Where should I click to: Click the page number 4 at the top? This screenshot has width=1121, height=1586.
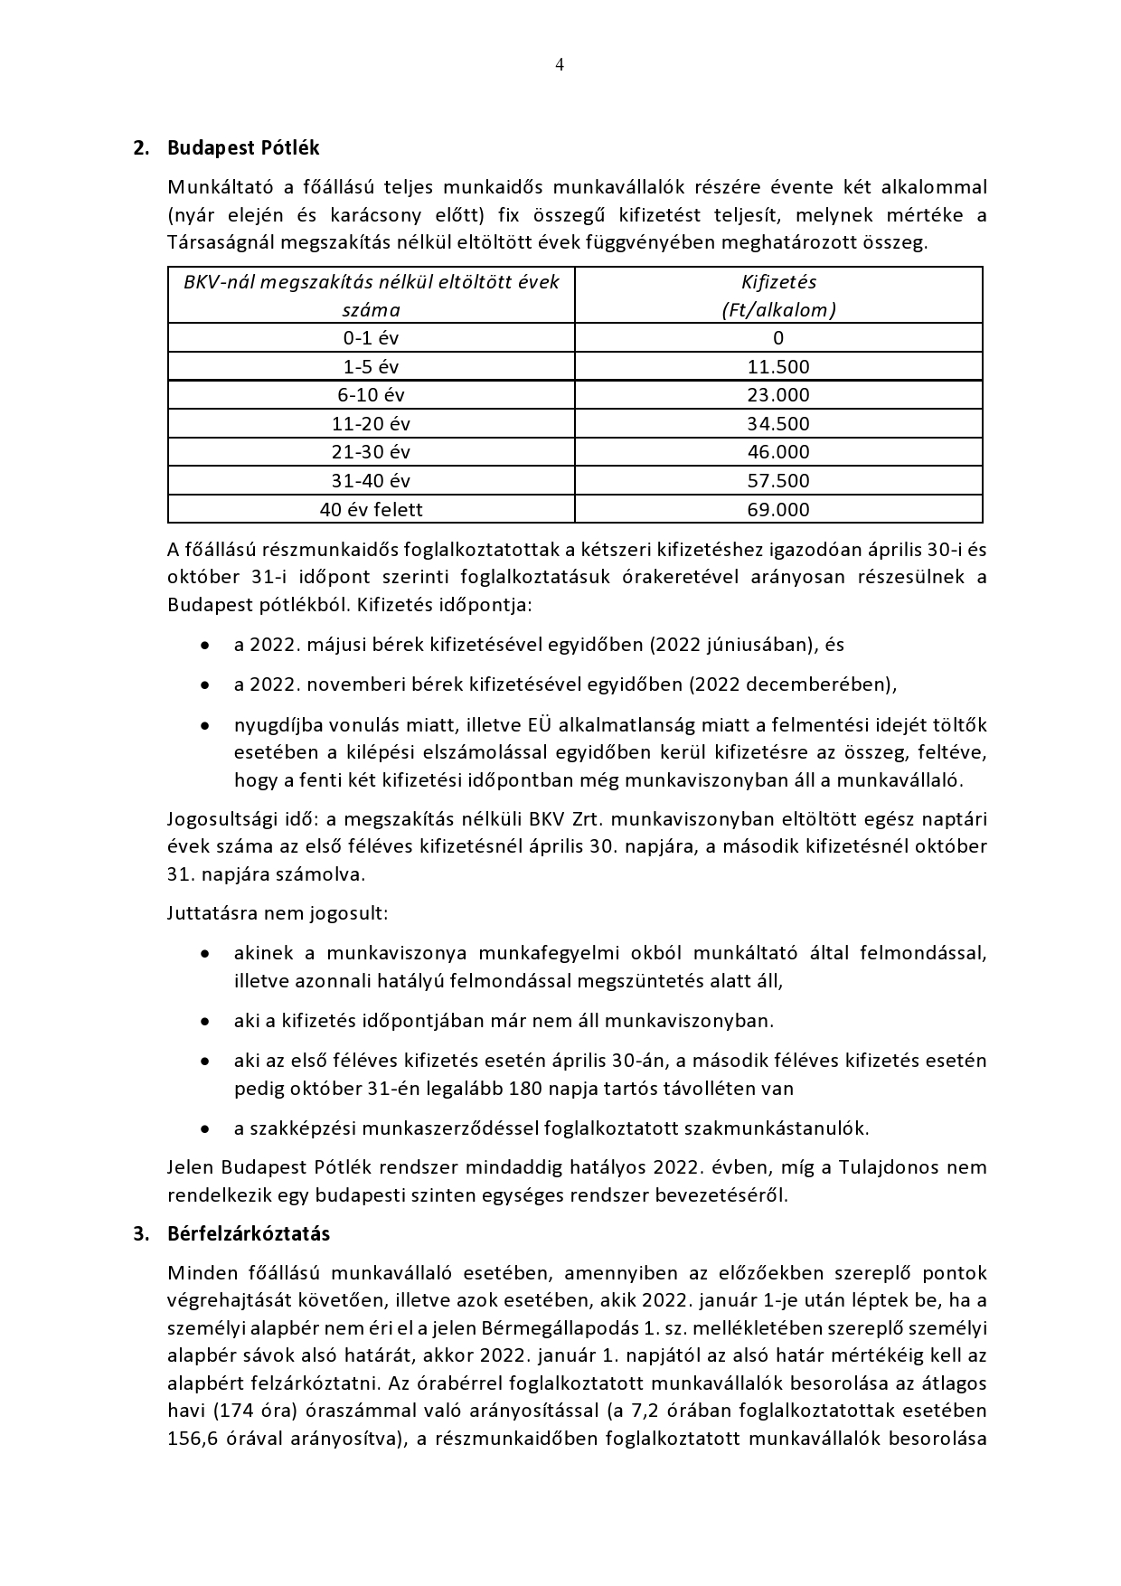click(x=560, y=64)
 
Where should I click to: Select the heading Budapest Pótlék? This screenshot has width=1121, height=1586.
click(x=243, y=147)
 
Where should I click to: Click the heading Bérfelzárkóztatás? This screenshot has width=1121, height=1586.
click(x=249, y=1233)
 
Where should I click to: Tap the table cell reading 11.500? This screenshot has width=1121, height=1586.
click(x=778, y=366)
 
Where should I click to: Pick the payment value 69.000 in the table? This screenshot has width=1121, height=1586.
click(x=778, y=509)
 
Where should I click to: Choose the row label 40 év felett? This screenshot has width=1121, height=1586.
click(x=371, y=509)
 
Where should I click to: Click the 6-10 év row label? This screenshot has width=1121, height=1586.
click(x=371, y=395)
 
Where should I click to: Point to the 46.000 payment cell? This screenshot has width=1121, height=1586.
click(x=778, y=452)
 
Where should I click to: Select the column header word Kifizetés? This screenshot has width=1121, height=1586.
click(x=778, y=282)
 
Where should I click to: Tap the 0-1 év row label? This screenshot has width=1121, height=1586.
click(x=371, y=338)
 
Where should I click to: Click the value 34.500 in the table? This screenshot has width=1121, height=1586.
click(x=778, y=423)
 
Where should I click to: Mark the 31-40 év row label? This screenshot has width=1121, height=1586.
click(x=371, y=480)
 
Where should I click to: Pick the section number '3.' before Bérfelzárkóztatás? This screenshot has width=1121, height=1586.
click(x=141, y=1233)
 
